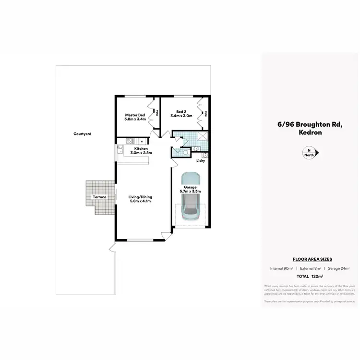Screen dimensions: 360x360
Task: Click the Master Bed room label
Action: click(135, 115)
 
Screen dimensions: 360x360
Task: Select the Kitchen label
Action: click(141, 149)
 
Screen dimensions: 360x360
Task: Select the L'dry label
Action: click(201, 161)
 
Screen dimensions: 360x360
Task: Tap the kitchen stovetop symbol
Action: click(129, 141)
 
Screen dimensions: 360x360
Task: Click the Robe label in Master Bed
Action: click(156, 114)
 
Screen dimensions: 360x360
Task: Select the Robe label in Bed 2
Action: click(205, 114)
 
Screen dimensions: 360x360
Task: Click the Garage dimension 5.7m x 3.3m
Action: click(191, 191)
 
